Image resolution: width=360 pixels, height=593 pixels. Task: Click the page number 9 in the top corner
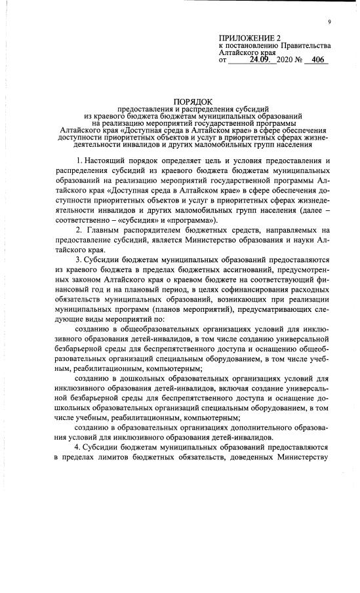[x=330, y=23]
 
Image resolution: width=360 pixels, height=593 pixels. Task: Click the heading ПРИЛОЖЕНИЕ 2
[x=250, y=38]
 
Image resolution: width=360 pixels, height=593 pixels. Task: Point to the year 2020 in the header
[x=287, y=60]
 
